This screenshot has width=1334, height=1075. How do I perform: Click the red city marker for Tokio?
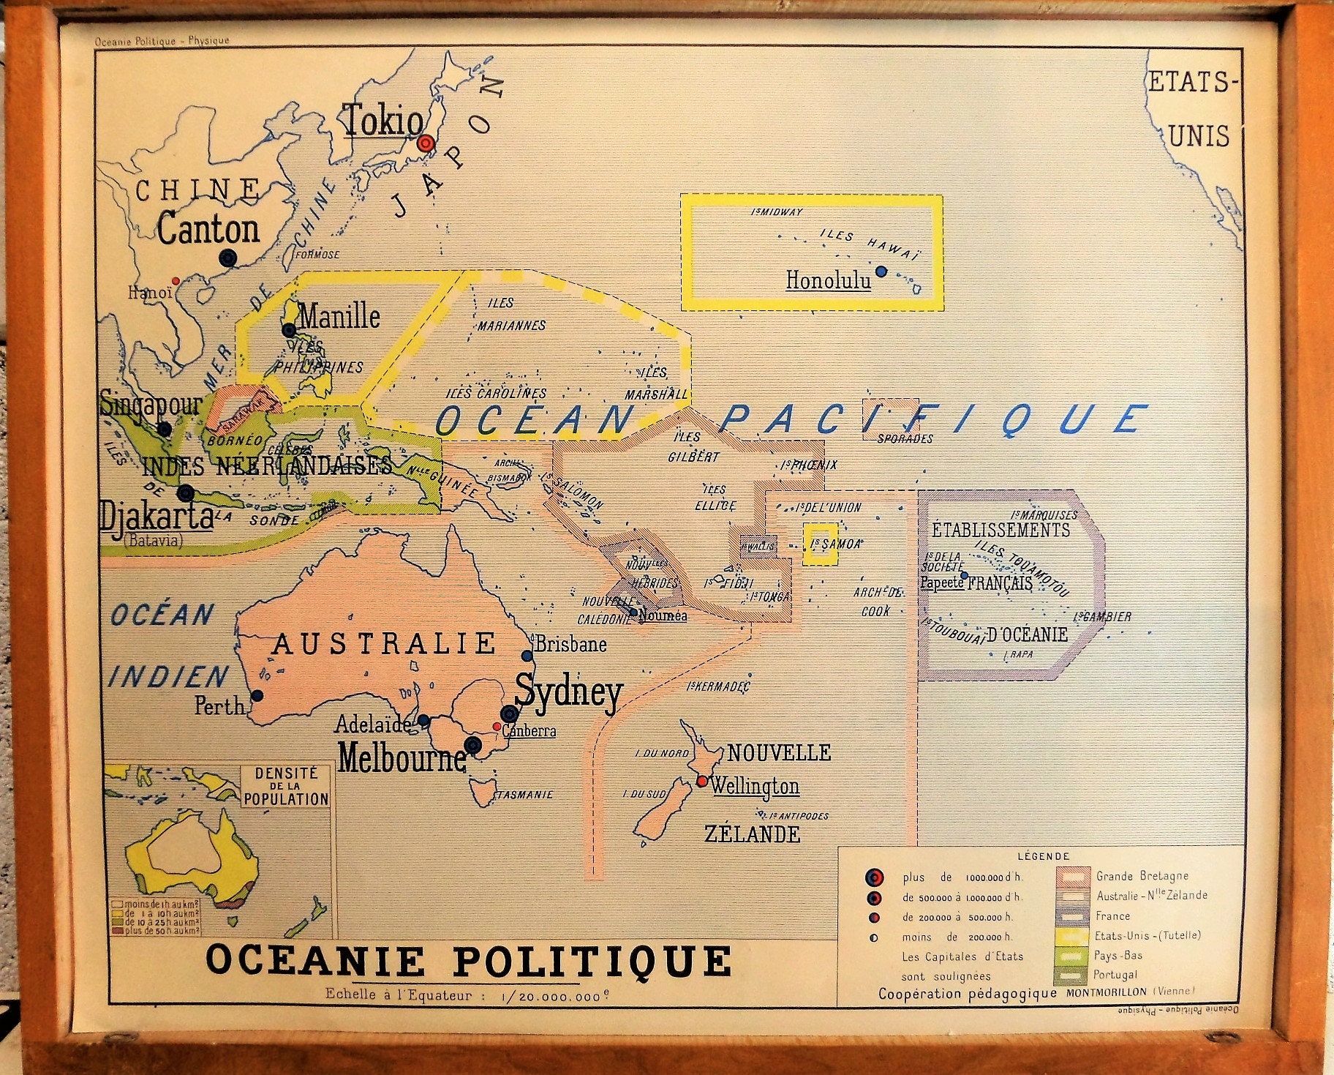pos(426,143)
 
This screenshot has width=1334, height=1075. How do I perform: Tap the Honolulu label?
pos(828,280)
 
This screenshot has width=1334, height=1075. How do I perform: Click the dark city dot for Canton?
pos(228,258)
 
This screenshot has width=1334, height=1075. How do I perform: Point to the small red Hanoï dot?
pos(175,280)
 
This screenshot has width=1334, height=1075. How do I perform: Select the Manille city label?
pos(339,317)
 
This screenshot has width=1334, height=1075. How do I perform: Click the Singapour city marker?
pos(165,429)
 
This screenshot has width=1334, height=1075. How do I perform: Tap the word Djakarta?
pos(157,515)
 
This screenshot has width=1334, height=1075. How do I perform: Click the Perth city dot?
pos(257,696)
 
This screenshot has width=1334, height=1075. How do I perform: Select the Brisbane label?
pos(570,644)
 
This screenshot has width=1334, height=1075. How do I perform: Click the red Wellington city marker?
pos(701,782)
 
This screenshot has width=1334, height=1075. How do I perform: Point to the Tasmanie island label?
pos(524,794)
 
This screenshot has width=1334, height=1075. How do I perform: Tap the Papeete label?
pos(941,583)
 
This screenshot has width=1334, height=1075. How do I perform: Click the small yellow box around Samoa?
pos(820,544)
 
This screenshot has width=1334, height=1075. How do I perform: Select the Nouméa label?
pos(663,615)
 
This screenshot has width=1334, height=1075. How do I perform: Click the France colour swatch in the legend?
pos(1071,915)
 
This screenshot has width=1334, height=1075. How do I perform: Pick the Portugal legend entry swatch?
pos(1071,975)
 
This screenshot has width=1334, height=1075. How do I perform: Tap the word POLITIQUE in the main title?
pos(591,961)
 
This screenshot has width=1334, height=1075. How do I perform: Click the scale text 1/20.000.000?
pos(556,996)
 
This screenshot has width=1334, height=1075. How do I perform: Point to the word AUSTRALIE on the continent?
pos(385,644)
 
